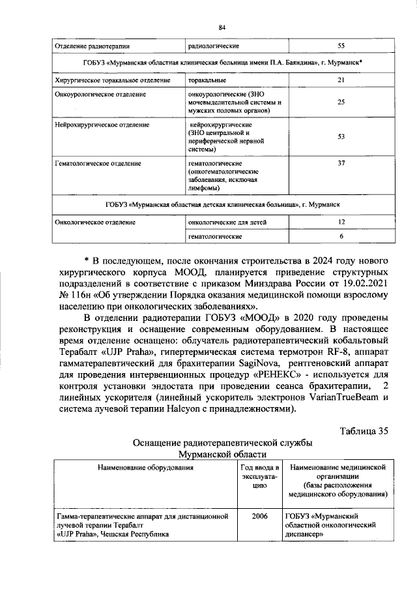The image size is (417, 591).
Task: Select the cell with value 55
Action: click(x=341, y=46)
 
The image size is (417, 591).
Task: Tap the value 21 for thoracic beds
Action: click(x=341, y=80)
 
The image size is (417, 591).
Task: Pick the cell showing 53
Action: click(x=341, y=137)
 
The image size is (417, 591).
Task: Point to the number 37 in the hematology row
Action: click(x=341, y=163)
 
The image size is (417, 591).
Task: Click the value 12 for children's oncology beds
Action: click(x=341, y=222)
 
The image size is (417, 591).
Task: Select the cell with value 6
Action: click(x=341, y=236)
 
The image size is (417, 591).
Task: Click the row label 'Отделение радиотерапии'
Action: click(x=93, y=46)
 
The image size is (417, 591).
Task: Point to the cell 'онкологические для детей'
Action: click(x=227, y=222)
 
